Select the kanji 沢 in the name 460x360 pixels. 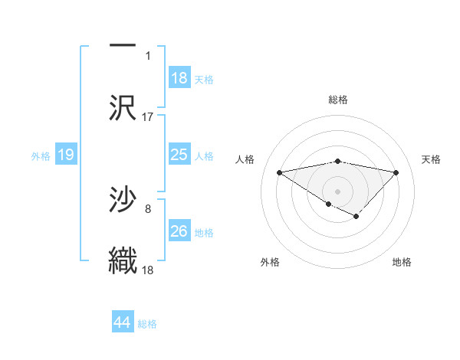(x=123, y=107)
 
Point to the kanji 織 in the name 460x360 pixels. (x=123, y=260)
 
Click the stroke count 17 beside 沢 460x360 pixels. (x=148, y=117)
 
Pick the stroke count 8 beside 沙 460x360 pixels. (x=148, y=208)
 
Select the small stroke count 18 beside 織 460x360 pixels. (x=148, y=270)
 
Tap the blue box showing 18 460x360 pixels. (x=179, y=77)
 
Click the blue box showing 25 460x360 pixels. (x=179, y=155)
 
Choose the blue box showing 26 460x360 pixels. (x=179, y=231)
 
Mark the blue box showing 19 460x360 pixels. (x=66, y=155)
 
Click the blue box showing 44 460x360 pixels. (x=122, y=322)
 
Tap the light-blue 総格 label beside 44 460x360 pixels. (x=147, y=324)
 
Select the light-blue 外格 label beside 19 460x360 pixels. (x=41, y=156)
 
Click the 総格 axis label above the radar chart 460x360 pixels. (x=338, y=100)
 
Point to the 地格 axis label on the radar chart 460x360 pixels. (x=402, y=262)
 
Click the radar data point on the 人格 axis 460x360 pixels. (x=280, y=172)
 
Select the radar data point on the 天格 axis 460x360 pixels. (x=396, y=172)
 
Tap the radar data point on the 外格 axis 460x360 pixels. (x=328, y=204)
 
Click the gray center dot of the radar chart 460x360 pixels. (x=338, y=191)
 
